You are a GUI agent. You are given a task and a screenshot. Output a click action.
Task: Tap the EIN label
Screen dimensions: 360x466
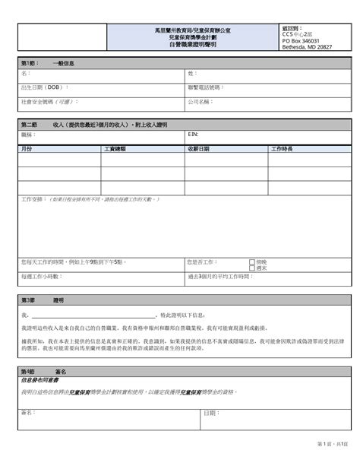tap(192, 134)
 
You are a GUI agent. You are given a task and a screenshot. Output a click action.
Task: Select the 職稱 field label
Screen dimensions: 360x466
tap(27, 134)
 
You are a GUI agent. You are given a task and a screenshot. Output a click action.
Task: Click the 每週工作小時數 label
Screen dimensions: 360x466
tap(44, 277)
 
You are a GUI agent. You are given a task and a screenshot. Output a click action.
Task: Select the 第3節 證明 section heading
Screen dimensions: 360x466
tap(42, 300)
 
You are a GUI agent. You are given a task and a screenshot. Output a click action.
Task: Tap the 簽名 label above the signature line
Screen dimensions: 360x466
tap(29, 412)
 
